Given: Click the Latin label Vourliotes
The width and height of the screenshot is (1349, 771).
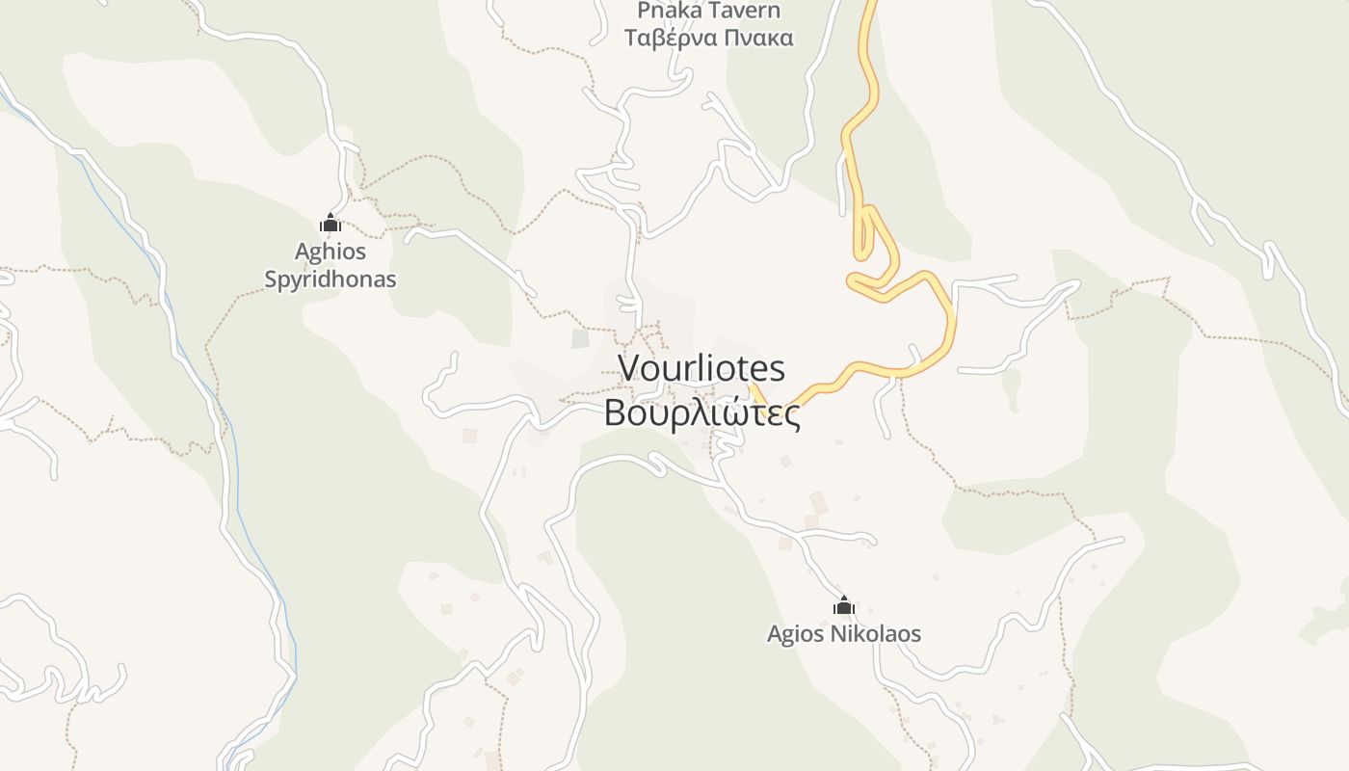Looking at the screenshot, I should (701, 368).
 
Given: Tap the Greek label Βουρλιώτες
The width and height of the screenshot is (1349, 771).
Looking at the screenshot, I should (701, 412).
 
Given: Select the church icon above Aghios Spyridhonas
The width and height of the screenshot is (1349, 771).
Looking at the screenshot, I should (331, 223).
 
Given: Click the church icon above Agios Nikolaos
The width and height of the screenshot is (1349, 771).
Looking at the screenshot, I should (844, 605).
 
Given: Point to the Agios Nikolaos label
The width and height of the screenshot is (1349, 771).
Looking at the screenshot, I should (844, 634).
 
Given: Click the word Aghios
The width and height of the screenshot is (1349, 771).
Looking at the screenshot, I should (331, 252).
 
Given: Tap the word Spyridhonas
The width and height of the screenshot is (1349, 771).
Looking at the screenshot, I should (331, 279).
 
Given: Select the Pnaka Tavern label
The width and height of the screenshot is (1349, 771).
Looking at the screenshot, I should (708, 11).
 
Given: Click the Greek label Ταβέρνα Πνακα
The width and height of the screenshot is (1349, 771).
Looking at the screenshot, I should (708, 38).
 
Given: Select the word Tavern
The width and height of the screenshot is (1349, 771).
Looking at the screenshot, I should (742, 11).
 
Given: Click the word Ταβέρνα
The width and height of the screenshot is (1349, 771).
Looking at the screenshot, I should (671, 38).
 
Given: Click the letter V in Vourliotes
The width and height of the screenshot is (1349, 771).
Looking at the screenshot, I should (629, 368).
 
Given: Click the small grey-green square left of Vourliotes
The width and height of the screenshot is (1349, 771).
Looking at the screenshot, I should (579, 338).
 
